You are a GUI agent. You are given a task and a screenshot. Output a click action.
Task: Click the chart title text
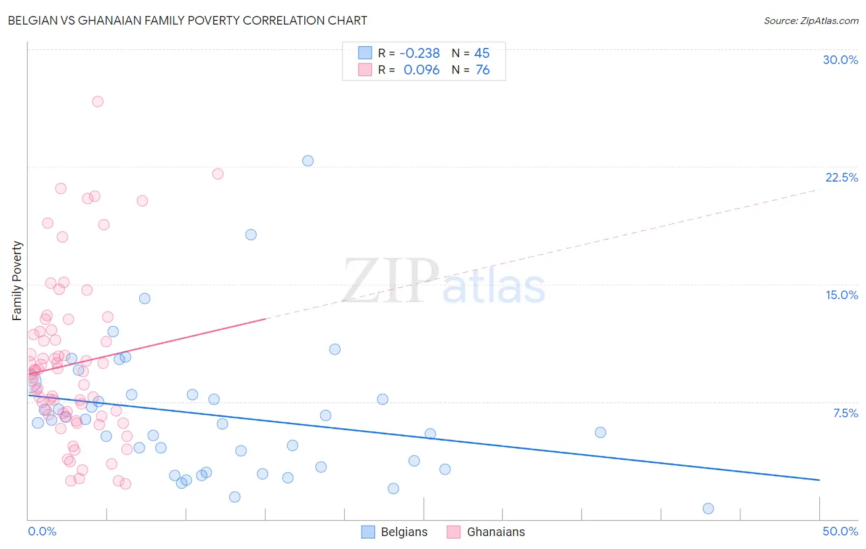tap(187, 20)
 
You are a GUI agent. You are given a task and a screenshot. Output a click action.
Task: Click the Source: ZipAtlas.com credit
tap(811, 21)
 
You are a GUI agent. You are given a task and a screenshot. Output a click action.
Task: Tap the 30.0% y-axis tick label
tap(840, 60)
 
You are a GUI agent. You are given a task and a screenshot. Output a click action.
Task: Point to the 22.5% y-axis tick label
tap(841, 177)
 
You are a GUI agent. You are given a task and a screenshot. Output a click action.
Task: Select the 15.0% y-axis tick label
tap(841, 295)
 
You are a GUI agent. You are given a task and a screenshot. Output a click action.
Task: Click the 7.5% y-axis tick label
tap(845, 413)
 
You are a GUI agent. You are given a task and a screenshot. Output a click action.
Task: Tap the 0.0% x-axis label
tap(42, 531)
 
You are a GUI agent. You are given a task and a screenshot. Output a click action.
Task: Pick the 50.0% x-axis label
tap(840, 531)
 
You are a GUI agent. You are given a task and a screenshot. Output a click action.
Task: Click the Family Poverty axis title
tap(17, 281)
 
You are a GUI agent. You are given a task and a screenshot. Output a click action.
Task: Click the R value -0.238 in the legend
tap(420, 54)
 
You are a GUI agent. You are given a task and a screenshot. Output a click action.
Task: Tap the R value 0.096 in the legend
tap(421, 70)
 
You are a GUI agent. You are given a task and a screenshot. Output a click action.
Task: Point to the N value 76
tap(483, 70)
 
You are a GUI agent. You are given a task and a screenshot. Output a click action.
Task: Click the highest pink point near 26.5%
tap(97, 102)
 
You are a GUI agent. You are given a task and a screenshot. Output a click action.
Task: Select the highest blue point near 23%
tap(308, 161)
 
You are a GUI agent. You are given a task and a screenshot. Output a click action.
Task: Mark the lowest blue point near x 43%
tap(708, 508)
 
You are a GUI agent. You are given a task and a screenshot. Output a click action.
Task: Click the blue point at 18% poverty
tap(251, 234)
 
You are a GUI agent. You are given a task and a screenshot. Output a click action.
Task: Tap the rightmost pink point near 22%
tap(217, 174)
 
